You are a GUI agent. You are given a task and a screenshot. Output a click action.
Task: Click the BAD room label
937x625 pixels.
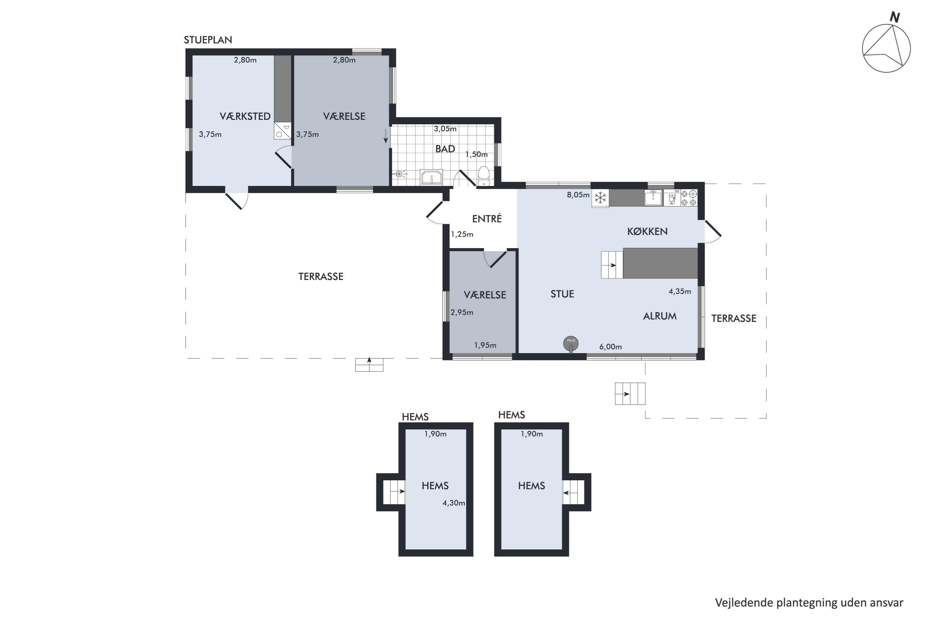(445, 149)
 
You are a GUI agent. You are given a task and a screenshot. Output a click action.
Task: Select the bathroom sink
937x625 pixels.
(431, 177)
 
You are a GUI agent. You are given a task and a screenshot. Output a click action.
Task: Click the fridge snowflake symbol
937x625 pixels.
(600, 198)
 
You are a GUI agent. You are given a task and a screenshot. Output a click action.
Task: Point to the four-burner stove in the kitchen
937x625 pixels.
(689, 198)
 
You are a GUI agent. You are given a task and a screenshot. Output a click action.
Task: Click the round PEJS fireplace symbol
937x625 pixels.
(571, 343)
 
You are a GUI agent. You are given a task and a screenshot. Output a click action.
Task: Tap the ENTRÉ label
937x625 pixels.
(487, 218)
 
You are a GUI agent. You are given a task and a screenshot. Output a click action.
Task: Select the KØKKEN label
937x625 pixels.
(647, 231)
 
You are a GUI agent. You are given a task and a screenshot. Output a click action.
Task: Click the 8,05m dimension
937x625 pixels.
(578, 195)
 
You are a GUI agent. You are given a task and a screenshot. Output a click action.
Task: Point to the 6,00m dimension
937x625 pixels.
(611, 347)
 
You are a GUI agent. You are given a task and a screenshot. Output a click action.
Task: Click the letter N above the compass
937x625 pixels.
(895, 17)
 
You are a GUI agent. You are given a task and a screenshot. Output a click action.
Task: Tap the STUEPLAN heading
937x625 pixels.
(208, 40)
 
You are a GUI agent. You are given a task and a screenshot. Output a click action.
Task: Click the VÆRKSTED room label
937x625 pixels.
(245, 116)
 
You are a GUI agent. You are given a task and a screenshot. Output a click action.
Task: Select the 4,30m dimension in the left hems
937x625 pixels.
(454, 503)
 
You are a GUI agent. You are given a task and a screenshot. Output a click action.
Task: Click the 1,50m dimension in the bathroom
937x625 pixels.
(477, 154)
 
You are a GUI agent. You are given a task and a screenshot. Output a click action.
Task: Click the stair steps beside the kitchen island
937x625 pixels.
(612, 265)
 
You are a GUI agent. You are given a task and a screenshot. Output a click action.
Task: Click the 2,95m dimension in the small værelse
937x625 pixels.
(462, 312)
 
